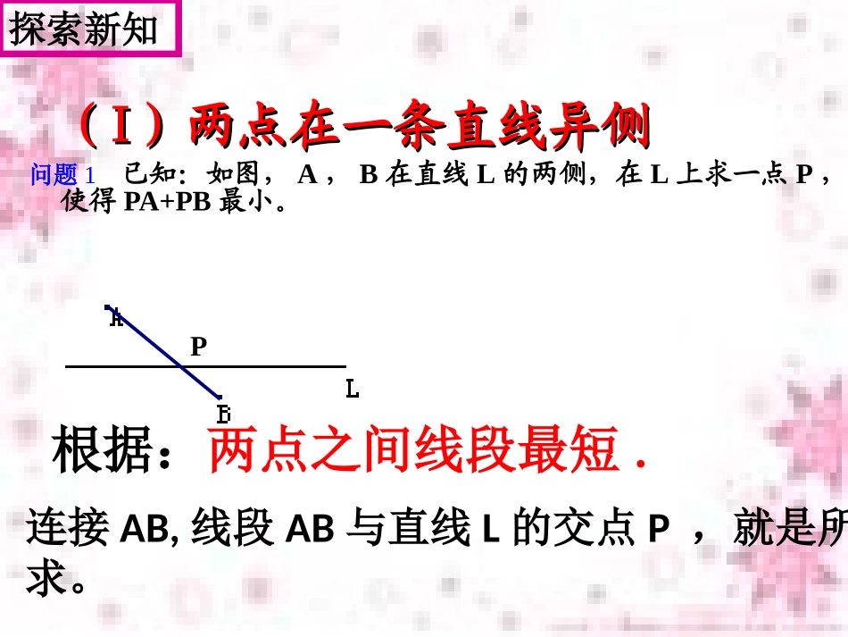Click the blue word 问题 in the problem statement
pos(54,175)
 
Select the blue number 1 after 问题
pos(89,175)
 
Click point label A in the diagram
pos(114,317)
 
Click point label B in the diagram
pos(223,414)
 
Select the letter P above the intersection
pos(198,346)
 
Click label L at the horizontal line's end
pos(352,389)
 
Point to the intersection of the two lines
pos(181,366)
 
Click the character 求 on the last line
pos(46,580)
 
